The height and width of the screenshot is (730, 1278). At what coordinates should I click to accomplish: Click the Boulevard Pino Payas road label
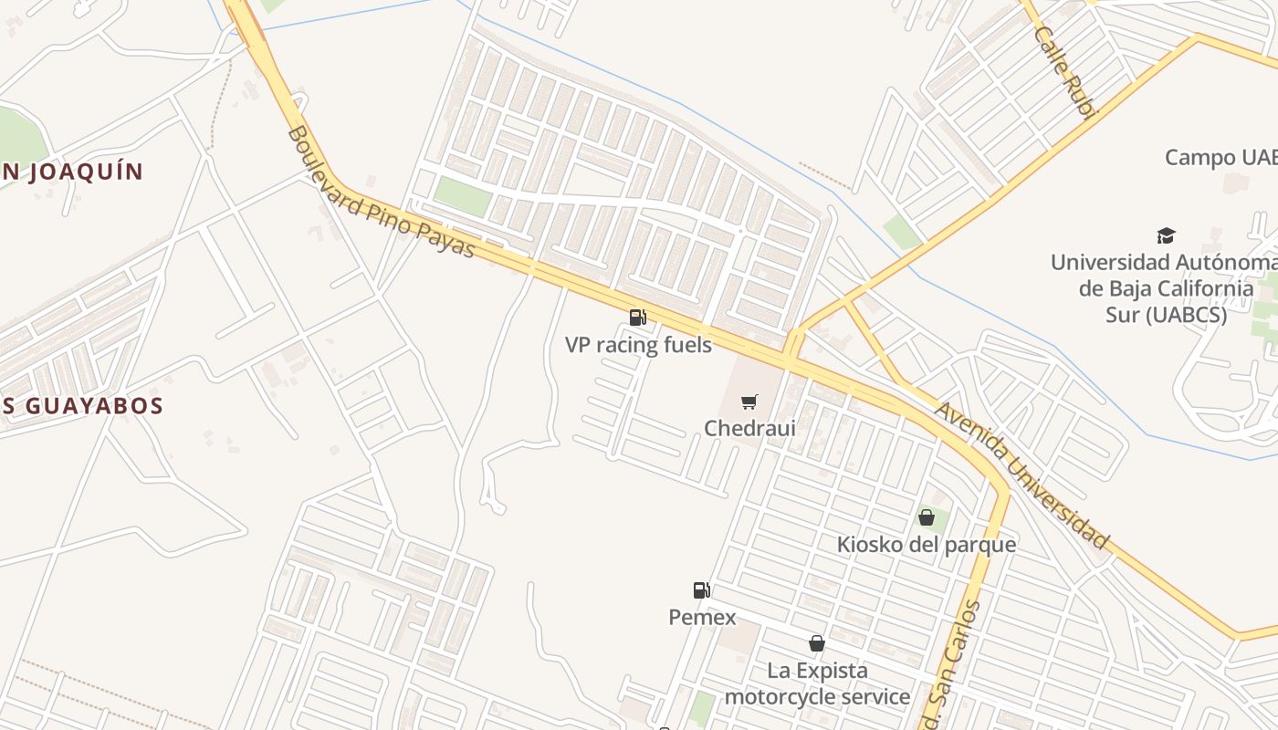click(381, 193)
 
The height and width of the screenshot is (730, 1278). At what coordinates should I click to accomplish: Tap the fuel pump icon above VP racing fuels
click(638, 318)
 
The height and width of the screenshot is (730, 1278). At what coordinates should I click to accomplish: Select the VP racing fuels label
click(638, 345)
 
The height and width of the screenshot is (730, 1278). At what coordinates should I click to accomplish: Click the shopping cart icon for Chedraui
click(749, 401)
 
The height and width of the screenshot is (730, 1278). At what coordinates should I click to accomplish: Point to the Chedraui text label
click(749, 428)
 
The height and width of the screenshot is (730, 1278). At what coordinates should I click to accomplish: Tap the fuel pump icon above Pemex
click(701, 590)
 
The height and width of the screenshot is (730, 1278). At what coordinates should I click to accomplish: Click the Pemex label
click(702, 618)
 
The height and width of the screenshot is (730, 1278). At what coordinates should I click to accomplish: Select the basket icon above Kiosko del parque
click(927, 517)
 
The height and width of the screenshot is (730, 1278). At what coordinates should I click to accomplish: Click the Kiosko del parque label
click(927, 545)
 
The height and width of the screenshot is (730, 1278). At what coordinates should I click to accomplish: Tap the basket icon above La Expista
click(817, 643)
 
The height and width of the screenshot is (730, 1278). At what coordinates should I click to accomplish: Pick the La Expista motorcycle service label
click(817, 684)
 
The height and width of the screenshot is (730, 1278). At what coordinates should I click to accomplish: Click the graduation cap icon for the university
click(1166, 235)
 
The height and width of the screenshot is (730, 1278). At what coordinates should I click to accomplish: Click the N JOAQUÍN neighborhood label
click(73, 172)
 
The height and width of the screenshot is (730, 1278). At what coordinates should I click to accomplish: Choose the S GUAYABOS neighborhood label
click(82, 406)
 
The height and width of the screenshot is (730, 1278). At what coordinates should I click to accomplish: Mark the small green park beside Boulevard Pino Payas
click(463, 196)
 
